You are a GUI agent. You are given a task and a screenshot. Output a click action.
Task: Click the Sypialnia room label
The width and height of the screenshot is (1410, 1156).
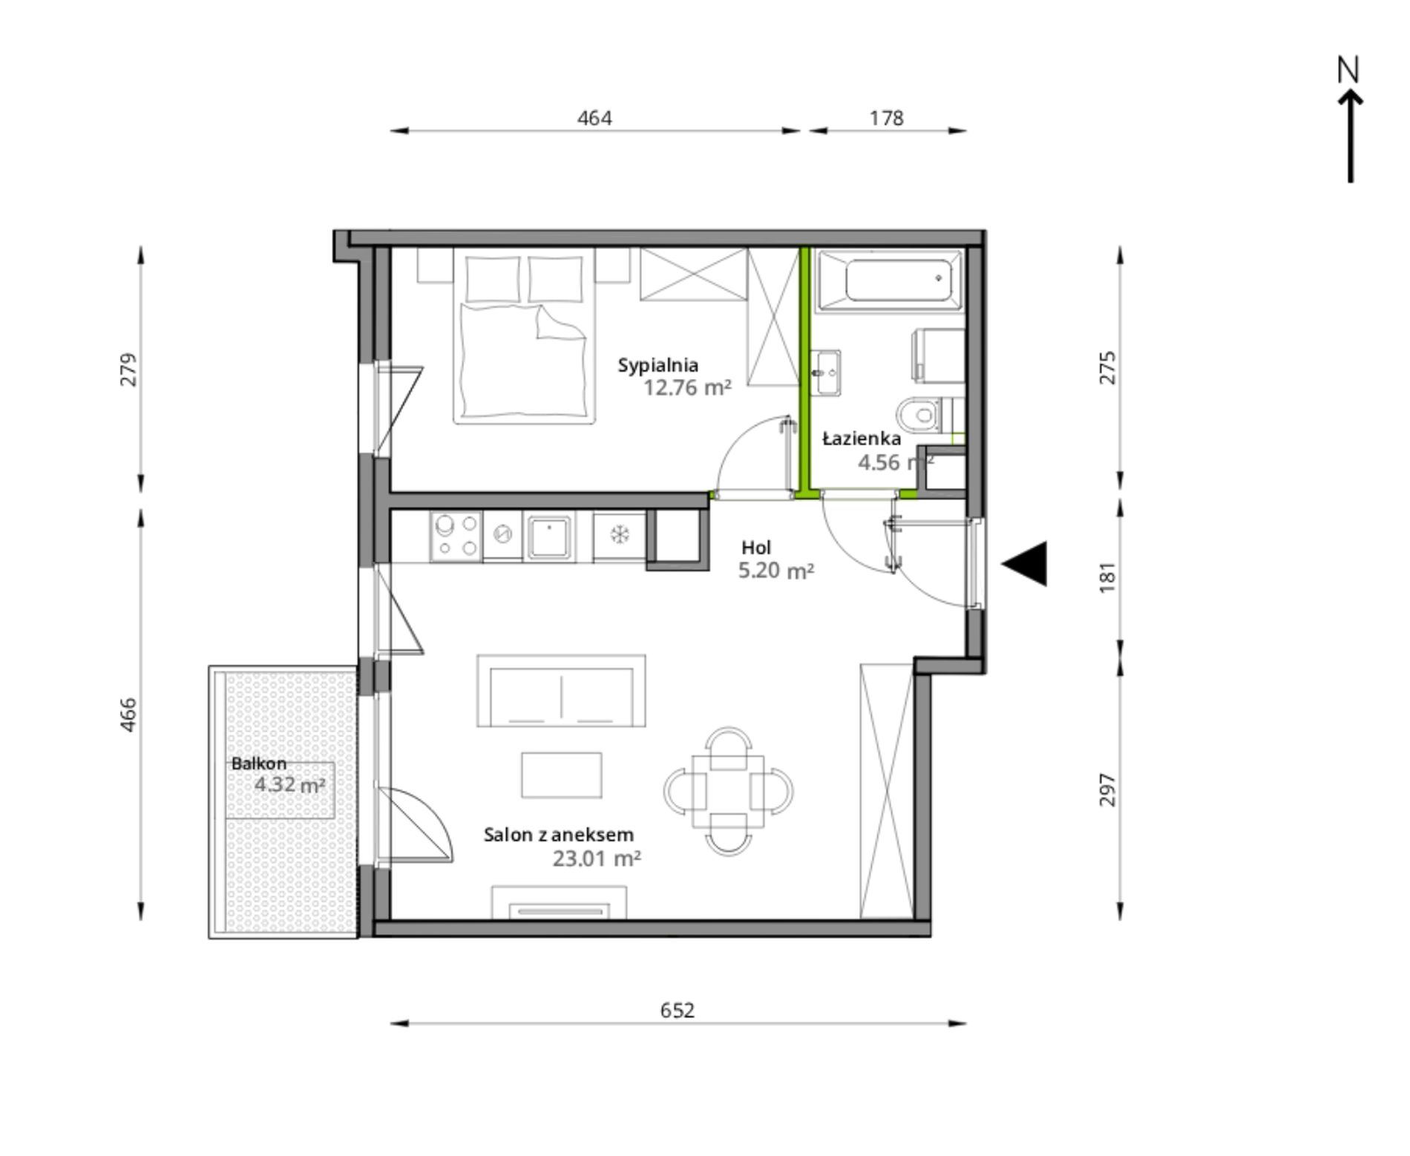[658, 366]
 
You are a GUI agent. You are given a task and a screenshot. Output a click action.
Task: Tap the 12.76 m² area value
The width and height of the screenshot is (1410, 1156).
[687, 388]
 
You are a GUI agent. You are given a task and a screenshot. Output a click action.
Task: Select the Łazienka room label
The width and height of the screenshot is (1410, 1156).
[862, 439]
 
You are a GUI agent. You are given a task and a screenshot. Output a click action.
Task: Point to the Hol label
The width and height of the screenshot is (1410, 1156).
[756, 548]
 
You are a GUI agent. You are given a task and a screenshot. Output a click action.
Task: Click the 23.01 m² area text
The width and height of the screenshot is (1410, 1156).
[597, 858]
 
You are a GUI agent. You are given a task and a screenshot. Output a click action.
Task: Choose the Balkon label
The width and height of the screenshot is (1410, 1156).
[258, 763]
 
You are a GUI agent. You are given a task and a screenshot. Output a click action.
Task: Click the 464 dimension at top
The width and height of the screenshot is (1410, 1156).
[594, 118]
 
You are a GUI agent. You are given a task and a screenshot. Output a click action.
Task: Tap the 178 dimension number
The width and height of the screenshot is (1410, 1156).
[887, 118]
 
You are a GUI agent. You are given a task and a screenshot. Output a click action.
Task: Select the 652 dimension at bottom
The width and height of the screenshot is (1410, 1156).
[678, 1011]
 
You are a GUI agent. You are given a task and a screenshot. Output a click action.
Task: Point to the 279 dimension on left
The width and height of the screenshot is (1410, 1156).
[129, 369]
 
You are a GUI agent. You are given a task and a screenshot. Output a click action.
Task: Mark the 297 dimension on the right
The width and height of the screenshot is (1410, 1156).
[1107, 789]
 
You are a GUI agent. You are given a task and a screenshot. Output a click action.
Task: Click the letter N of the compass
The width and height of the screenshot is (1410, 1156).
[1348, 70]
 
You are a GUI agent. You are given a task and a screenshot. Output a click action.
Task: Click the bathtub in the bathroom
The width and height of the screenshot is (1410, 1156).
[888, 280]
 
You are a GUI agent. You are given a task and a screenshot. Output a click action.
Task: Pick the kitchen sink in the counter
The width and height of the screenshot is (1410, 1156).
[549, 536]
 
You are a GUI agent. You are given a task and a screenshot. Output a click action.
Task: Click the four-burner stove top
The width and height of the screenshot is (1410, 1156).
[456, 536]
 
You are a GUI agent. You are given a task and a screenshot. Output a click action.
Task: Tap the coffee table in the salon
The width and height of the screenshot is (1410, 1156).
[561, 775]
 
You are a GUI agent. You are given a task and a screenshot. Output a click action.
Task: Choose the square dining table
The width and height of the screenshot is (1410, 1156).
[727, 792]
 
